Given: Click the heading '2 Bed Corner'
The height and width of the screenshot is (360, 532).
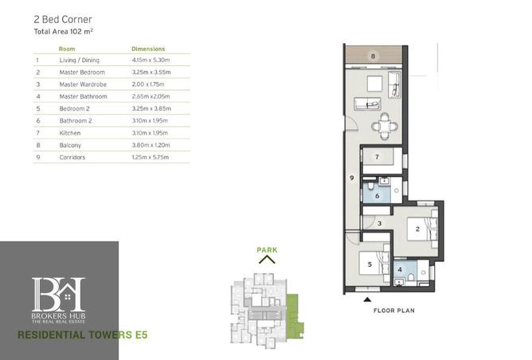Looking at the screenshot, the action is [63, 20].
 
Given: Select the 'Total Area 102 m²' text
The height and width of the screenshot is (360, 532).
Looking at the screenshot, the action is [64, 32].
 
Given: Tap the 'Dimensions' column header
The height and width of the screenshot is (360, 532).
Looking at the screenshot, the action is [148, 49].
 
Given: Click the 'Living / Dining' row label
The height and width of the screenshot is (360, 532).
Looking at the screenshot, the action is [80, 60].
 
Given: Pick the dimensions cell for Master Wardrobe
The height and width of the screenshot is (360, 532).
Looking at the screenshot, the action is [148, 84].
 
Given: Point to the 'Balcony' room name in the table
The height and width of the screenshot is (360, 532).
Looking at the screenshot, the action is [70, 145].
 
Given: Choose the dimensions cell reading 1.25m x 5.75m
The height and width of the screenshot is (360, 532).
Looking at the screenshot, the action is [151, 157].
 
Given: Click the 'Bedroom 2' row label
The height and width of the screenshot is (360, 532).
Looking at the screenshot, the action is [74, 108].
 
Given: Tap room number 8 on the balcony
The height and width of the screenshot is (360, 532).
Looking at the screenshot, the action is [374, 56].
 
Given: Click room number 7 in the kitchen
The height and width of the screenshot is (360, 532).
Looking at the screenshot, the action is [377, 157].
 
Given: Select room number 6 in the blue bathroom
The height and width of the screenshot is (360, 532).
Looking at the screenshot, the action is [377, 196].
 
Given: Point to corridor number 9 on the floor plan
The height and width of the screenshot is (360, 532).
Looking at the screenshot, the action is [352, 178].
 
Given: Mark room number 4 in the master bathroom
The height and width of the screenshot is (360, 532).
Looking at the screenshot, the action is [400, 269].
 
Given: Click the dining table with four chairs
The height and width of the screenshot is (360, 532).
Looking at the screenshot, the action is [385, 127].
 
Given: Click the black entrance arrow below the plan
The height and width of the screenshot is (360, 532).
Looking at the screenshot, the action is [367, 299].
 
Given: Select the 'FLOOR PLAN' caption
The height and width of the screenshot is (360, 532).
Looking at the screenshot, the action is [394, 311].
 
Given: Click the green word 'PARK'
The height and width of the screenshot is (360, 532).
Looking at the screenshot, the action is [267, 250].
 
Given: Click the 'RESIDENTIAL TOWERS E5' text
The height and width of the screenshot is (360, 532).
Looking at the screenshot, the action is [83, 335].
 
